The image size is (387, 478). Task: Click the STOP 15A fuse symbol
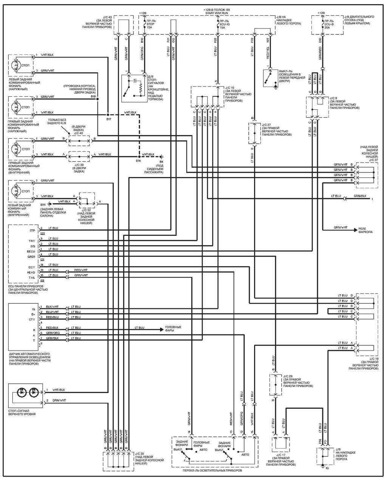click(144, 24)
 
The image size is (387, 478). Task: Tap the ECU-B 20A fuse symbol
click(321, 24)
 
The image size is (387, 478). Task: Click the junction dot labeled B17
click(108, 115)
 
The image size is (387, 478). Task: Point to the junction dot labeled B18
click(98, 99)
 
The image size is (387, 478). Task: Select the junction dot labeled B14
click(139, 156)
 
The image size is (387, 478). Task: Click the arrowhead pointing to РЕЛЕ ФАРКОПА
click(355, 230)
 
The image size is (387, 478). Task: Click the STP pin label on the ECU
click(32, 230)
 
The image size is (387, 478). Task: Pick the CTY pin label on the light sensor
click(32, 320)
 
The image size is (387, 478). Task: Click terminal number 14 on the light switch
click(189, 431)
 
